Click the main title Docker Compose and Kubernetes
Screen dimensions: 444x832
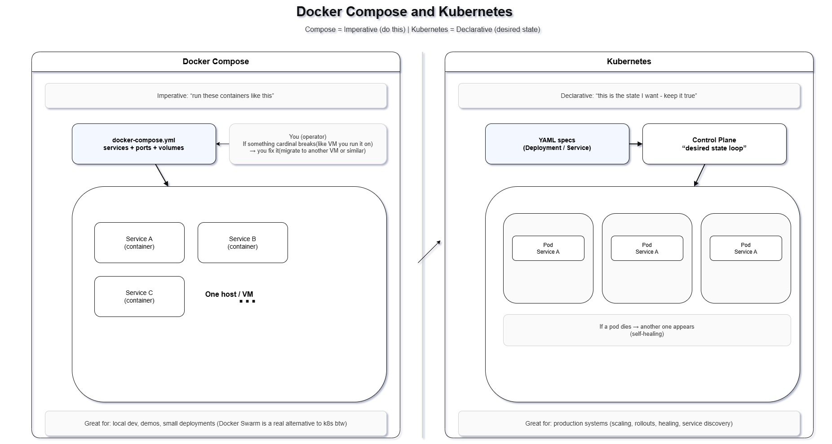coord(404,12)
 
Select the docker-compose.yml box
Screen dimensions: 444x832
coord(144,144)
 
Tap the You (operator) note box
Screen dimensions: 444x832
coord(308,144)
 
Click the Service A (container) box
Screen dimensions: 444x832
coord(139,243)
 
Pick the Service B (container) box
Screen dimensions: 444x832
coord(243,243)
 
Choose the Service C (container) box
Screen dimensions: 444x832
coord(139,297)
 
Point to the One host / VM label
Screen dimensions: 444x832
coord(229,295)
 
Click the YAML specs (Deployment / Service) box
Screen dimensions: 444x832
coord(557,144)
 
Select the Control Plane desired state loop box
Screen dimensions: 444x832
coord(714,144)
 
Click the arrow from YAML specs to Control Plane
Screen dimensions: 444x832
coord(636,144)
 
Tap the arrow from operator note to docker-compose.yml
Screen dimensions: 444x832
coord(223,144)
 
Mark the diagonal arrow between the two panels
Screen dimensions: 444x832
coord(429,252)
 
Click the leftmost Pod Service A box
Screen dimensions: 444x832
coord(548,248)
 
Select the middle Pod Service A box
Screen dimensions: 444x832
coord(647,248)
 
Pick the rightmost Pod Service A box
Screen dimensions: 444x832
coord(746,248)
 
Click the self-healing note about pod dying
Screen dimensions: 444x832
coord(647,330)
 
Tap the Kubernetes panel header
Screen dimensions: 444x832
coord(629,62)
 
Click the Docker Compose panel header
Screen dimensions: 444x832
coord(216,62)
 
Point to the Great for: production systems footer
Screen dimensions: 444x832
coord(629,423)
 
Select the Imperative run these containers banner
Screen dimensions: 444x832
coord(216,96)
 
